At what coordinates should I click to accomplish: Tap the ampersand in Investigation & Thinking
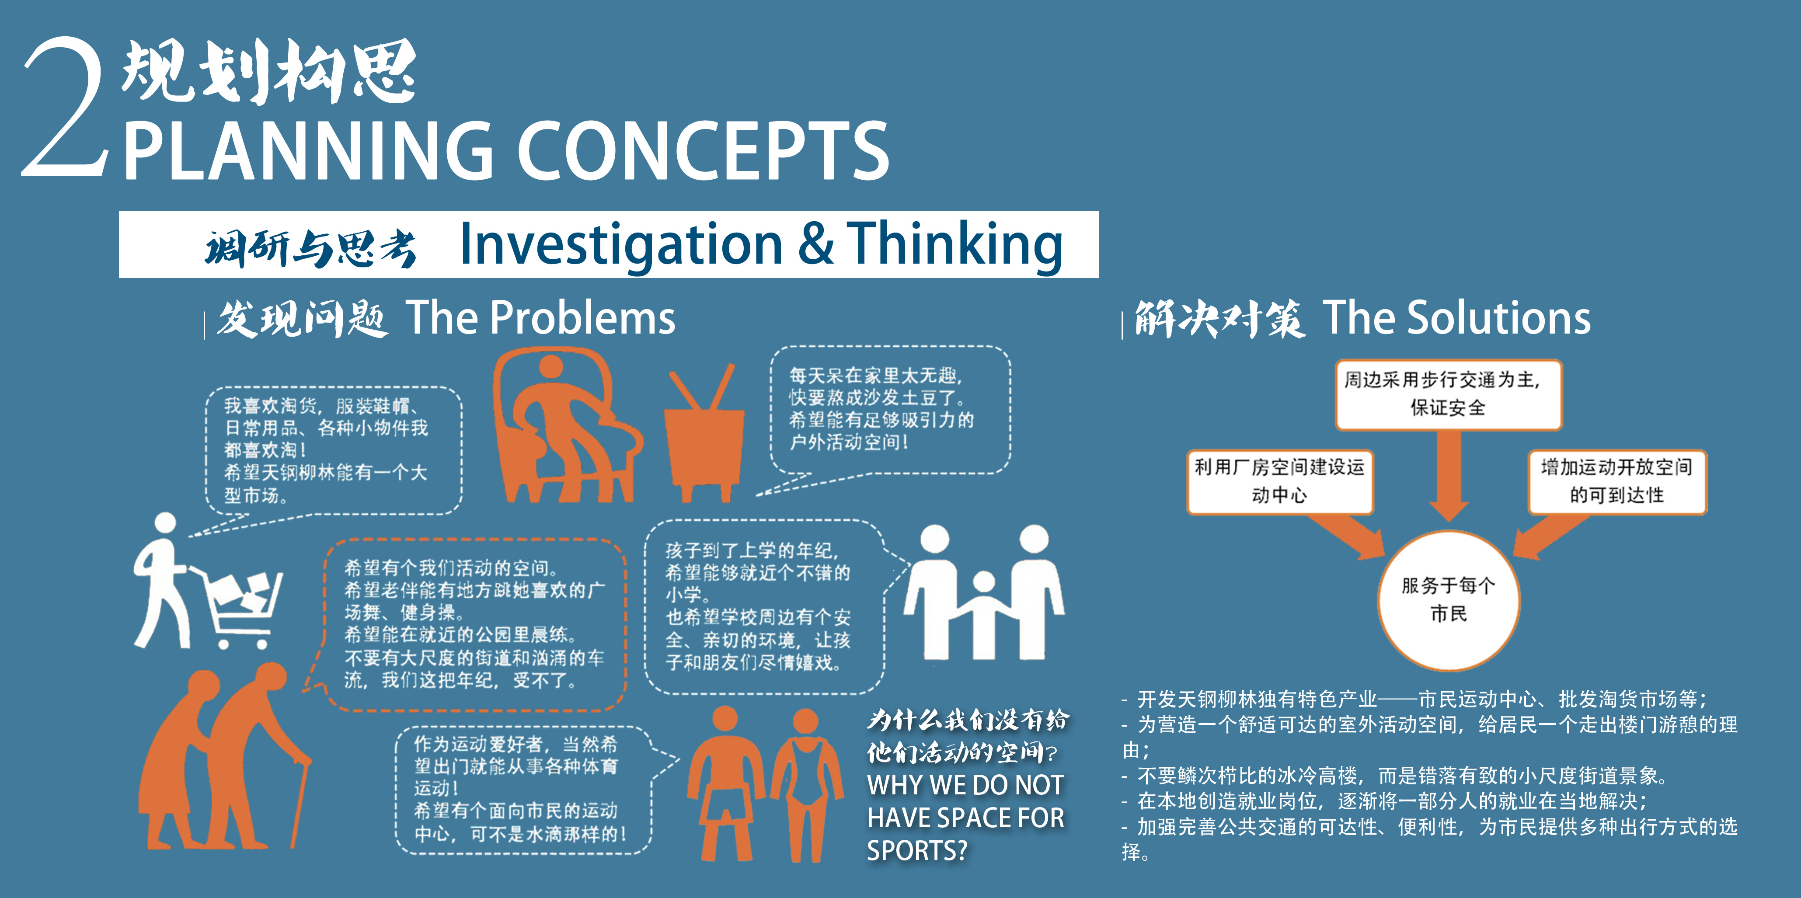coord(815,244)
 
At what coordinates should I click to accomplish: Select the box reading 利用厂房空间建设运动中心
coord(1279,481)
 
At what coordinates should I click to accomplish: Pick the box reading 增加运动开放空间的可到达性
coord(1617,481)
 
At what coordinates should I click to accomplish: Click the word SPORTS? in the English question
coord(917,850)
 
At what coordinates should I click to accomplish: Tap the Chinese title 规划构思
coord(269,70)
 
